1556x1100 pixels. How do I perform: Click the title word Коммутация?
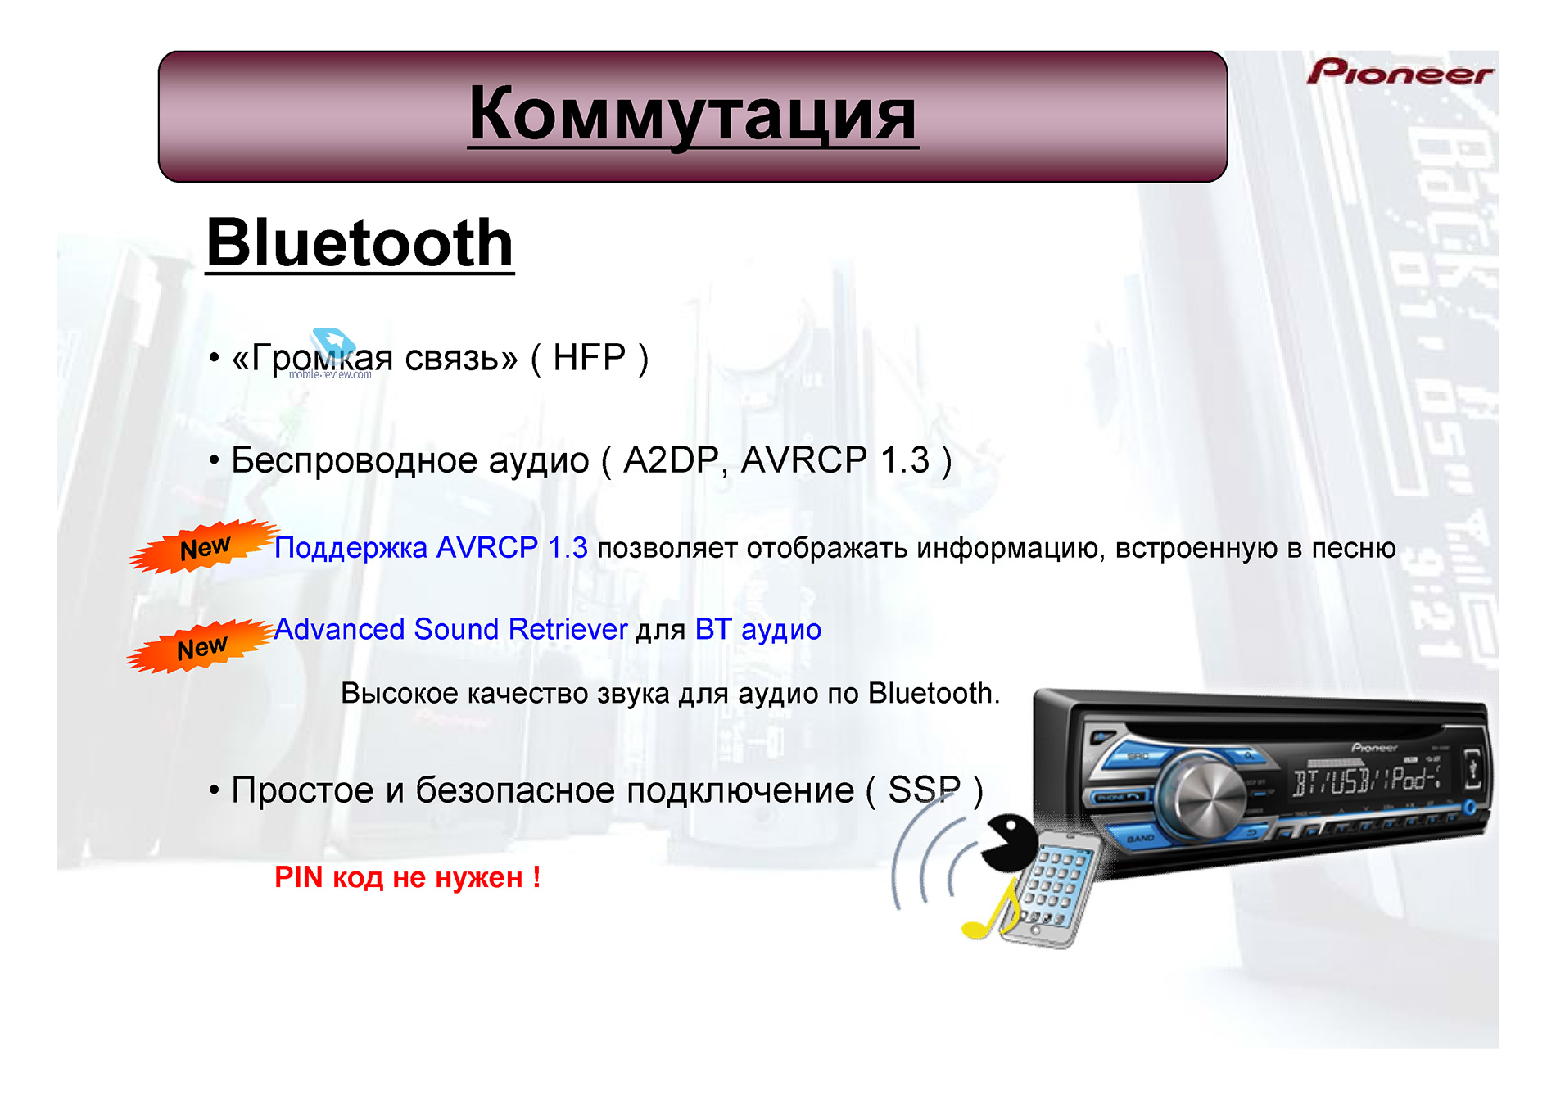click(x=693, y=115)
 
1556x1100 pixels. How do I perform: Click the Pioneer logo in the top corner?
click(x=1400, y=72)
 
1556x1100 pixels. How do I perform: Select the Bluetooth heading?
click(x=360, y=242)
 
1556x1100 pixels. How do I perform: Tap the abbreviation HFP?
click(x=589, y=358)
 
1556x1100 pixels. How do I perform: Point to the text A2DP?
click(x=671, y=460)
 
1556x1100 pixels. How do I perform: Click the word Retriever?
click(x=568, y=629)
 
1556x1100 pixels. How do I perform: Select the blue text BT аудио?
click(x=758, y=630)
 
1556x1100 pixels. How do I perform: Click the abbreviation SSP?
click(x=924, y=790)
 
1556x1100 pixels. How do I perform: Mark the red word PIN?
click(x=298, y=877)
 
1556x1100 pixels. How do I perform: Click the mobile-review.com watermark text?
click(x=329, y=375)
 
